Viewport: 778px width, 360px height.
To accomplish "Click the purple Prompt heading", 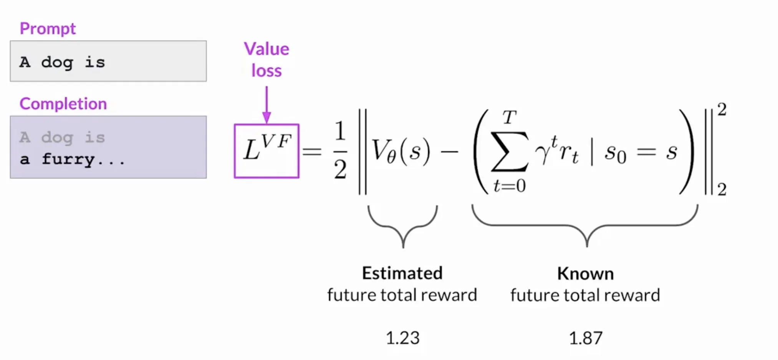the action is [48, 29].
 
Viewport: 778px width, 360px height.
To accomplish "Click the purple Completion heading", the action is [63, 104].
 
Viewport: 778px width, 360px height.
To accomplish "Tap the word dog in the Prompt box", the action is [57, 63].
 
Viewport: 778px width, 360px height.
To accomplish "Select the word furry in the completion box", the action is [68, 159].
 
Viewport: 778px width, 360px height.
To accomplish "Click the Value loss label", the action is [267, 60].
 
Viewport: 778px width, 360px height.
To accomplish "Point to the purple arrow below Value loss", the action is [267, 104].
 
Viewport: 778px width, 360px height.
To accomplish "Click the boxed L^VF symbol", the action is [267, 151].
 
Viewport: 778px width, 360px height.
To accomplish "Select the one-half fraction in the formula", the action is [340, 151].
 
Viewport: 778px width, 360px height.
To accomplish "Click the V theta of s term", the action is [401, 151].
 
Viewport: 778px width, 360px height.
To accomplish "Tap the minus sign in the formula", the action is [449, 152].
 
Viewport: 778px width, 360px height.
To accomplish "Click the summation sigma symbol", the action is [510, 150].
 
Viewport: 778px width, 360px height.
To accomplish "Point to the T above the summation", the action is [510, 117].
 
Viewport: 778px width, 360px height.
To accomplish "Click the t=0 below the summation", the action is [510, 186].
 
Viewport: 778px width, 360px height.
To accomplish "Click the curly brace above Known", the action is [585, 226].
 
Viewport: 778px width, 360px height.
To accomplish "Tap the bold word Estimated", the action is [402, 273].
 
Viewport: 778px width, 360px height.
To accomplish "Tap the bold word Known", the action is [586, 274].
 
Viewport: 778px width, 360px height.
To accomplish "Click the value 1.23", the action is [403, 338].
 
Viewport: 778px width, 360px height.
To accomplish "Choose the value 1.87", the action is [586, 338].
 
